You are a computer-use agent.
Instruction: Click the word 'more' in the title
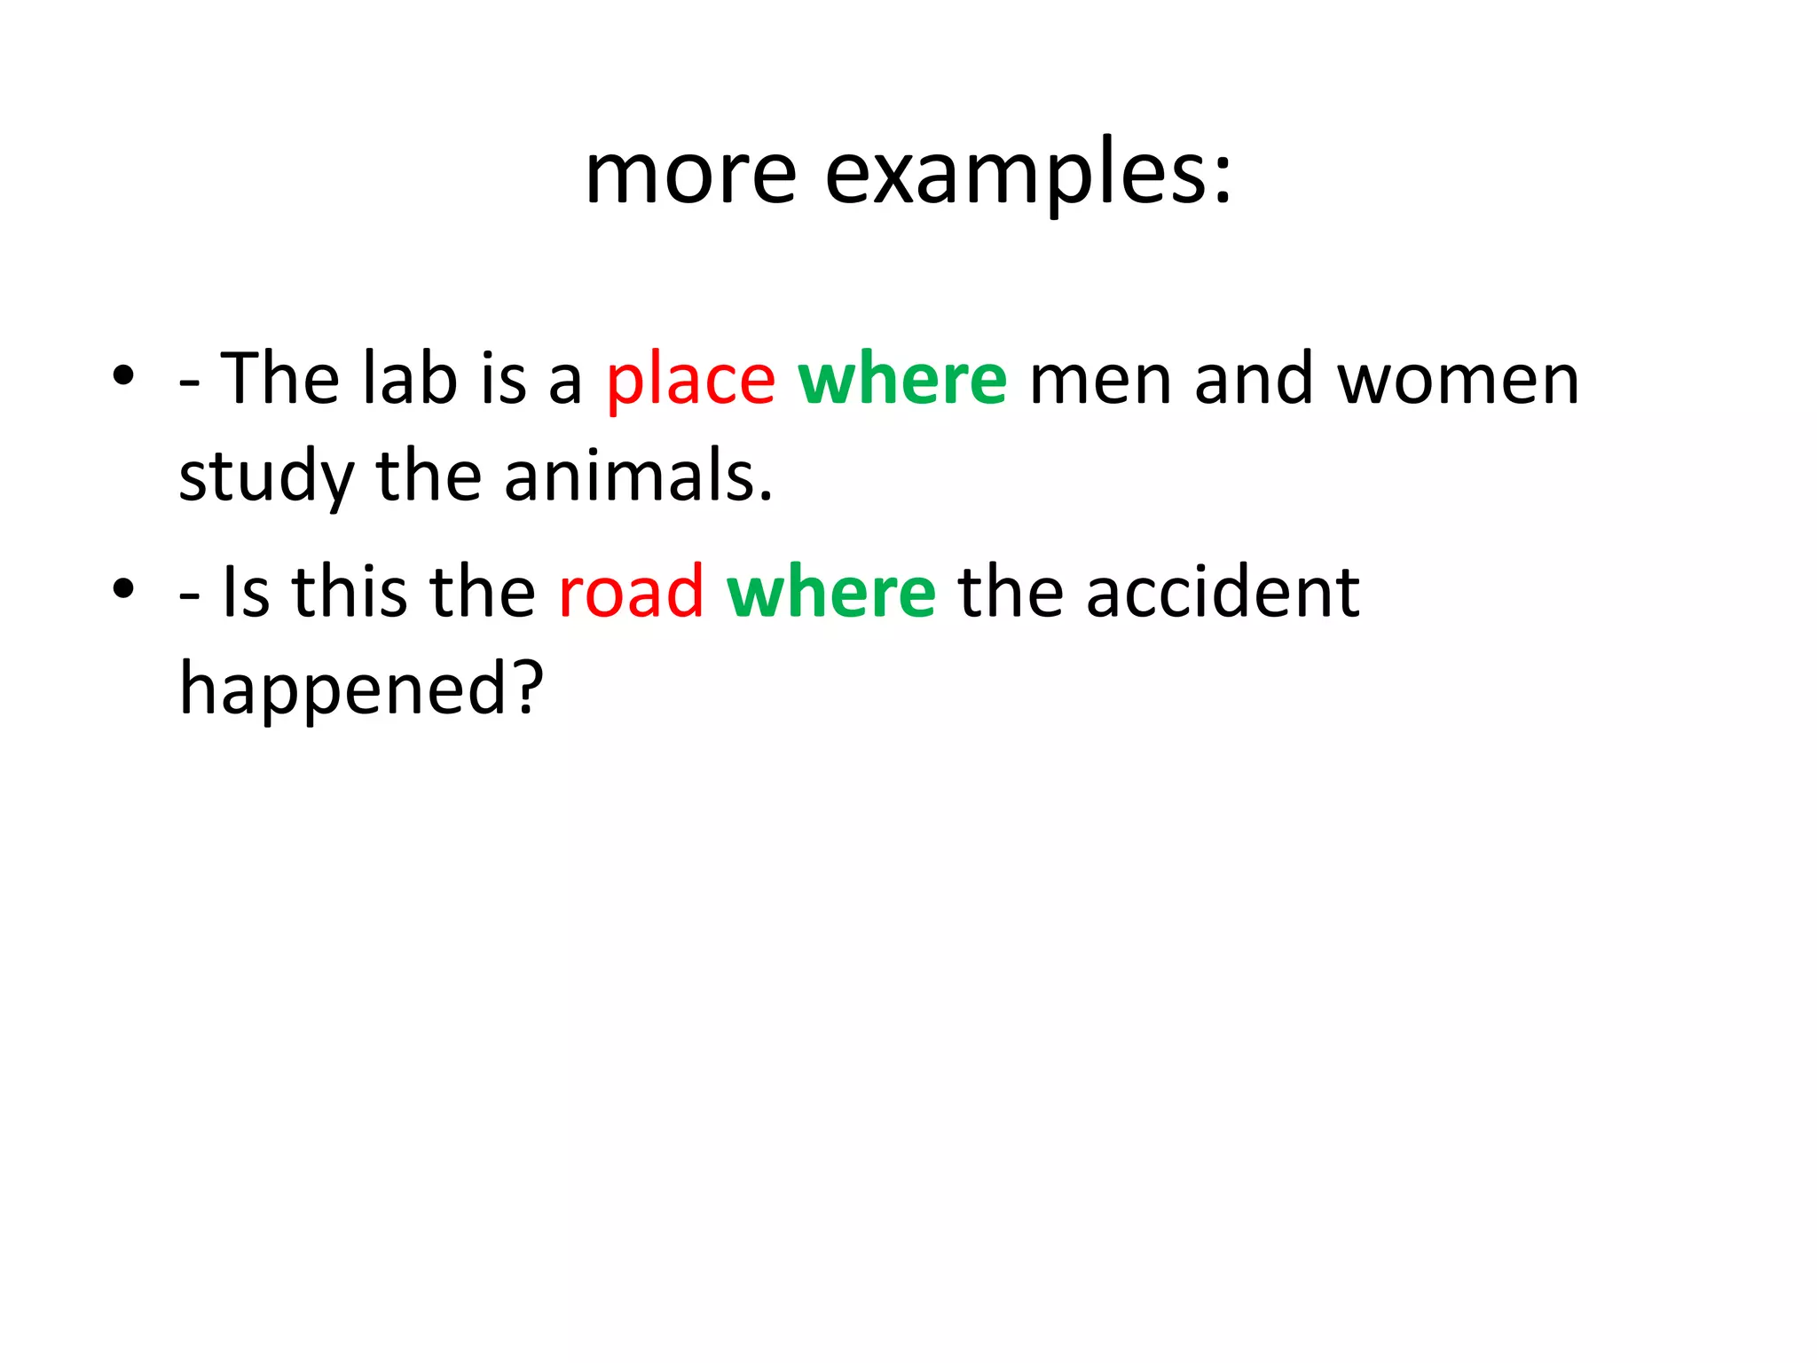coord(690,175)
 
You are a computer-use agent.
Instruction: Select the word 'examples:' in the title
coord(1028,175)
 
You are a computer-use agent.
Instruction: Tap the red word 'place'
coord(690,381)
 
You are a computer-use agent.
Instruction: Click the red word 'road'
coord(631,592)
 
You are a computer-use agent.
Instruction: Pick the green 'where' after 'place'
coord(902,379)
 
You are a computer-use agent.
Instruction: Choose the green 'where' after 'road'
coord(831,592)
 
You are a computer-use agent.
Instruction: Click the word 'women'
coord(1459,381)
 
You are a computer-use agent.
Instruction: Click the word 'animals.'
coord(638,477)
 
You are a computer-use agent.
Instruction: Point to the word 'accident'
coord(1223,592)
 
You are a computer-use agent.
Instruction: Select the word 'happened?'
coord(361,689)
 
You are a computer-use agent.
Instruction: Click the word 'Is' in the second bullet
coord(246,592)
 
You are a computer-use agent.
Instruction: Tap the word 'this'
coord(350,592)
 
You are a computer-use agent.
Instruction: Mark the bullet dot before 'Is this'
coord(123,587)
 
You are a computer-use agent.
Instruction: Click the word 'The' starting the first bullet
coord(279,379)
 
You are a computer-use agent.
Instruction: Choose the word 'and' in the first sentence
coord(1254,379)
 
